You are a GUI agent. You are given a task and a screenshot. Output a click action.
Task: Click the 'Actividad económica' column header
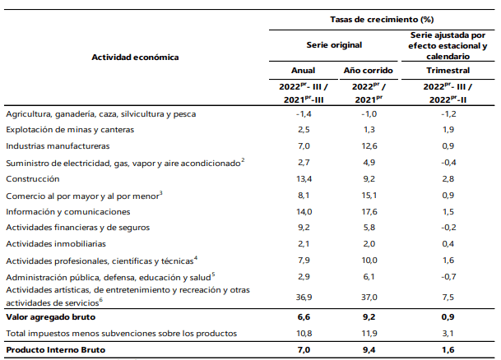[x=135, y=58]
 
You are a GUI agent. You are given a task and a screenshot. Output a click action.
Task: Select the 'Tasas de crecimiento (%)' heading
[x=382, y=20]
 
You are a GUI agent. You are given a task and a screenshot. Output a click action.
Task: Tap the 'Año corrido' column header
[x=368, y=70]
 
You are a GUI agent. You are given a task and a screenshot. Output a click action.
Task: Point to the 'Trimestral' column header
[x=448, y=70]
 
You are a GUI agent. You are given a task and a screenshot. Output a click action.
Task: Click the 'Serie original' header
[x=334, y=45]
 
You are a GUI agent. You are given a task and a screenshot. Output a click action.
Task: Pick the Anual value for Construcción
[x=304, y=178]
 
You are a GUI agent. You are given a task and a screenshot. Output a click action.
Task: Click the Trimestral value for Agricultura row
[x=448, y=114]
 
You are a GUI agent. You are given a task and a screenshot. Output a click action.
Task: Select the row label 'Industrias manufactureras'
[x=58, y=145]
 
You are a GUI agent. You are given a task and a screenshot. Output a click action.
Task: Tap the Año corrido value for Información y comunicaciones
[x=369, y=211]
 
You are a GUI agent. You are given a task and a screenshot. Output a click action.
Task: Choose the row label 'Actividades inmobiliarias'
[x=56, y=244]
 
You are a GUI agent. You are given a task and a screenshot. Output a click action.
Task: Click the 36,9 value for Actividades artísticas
[x=304, y=298]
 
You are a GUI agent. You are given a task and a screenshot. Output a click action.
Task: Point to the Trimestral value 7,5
[x=448, y=298]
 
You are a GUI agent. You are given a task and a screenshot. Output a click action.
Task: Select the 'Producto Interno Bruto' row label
[x=56, y=350]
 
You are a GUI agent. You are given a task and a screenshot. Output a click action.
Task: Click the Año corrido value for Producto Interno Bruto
[x=369, y=350]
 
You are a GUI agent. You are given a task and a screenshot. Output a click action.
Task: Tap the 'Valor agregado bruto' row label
[x=51, y=317]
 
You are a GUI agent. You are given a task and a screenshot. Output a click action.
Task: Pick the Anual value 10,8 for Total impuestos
[x=304, y=334]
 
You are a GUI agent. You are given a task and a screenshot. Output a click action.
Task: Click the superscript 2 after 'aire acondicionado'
[x=243, y=160]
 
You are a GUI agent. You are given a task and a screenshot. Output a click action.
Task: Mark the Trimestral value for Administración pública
[x=448, y=277]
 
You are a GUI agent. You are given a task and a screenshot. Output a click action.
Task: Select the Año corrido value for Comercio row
[x=369, y=195]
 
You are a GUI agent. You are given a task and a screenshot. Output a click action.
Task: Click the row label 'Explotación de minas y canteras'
[x=70, y=130]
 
